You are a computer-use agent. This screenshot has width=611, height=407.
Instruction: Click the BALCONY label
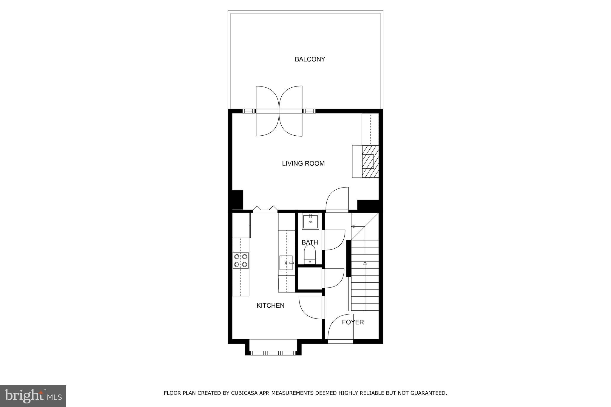pos(310,59)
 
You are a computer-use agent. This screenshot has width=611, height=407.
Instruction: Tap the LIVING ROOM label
pos(303,163)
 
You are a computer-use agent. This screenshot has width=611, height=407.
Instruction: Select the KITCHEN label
pos(270,305)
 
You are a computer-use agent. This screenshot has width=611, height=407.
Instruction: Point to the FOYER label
pos(353,322)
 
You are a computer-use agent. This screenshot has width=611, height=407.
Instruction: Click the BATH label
pos(310,242)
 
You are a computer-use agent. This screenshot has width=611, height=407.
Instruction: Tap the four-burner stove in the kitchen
pos(240,260)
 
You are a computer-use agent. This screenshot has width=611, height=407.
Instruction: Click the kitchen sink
pos(286,263)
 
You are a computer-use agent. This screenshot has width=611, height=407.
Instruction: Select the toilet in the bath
pos(310,254)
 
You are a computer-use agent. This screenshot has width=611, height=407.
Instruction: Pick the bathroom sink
pos(310,221)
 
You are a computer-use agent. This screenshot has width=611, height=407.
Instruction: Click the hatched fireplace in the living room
pos(370,161)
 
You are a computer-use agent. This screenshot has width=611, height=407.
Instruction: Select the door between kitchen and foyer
pos(310,307)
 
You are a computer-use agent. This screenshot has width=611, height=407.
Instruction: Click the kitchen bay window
pos(273,353)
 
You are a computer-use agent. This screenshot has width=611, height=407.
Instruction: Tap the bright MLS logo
pos(33,396)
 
